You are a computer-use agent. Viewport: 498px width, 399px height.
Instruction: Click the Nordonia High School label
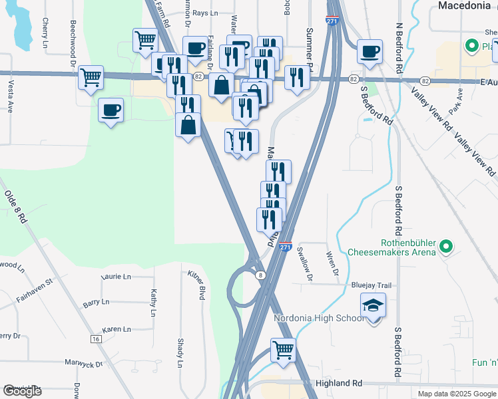point(320,318)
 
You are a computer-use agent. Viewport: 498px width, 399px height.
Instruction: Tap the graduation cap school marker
point(373,307)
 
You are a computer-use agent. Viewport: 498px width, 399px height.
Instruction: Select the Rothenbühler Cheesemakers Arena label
point(391,247)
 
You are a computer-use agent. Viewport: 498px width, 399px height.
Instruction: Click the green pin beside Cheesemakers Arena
point(446,248)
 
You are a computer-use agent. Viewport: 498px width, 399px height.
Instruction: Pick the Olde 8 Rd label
point(15,205)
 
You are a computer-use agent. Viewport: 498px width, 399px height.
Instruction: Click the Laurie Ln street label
point(116,276)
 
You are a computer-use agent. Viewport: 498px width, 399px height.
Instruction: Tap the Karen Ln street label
point(116,330)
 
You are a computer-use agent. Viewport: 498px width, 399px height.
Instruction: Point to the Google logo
point(21,391)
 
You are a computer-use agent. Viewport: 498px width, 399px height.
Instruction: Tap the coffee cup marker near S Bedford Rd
point(370,51)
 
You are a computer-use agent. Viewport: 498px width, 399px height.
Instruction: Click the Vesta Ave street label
point(11,96)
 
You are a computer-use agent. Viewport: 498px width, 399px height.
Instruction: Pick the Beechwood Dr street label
point(73,39)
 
